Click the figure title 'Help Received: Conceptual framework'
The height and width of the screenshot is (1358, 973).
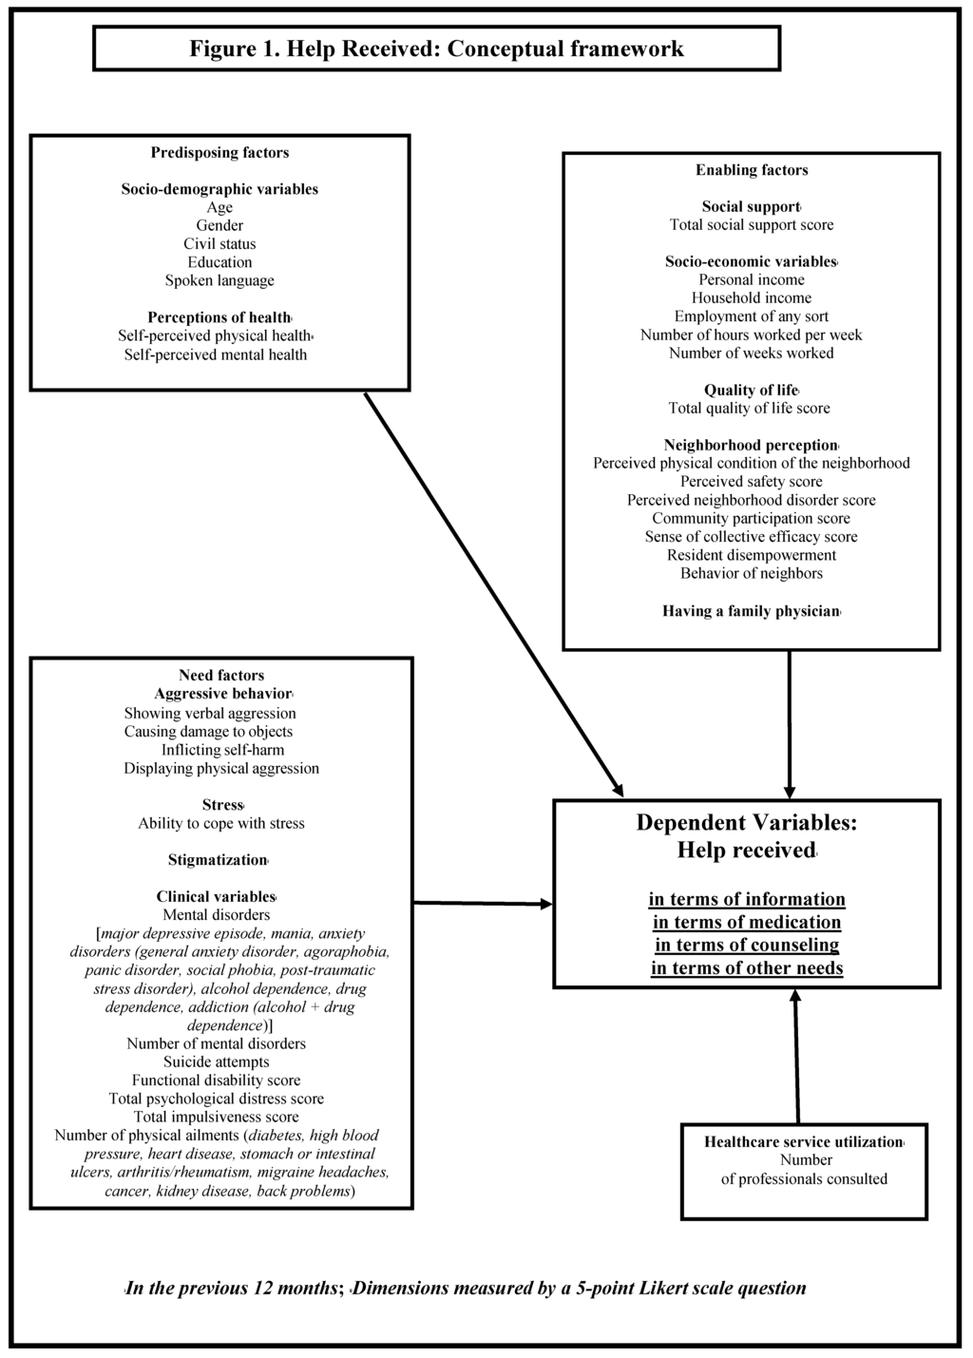tap(436, 48)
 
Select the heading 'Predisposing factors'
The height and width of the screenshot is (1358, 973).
tap(219, 152)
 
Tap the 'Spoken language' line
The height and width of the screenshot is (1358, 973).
tap(219, 280)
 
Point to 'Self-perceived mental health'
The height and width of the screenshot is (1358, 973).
tap(216, 354)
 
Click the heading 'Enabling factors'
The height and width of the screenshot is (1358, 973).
tap(752, 170)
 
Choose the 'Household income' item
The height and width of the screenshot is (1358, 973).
tap(752, 297)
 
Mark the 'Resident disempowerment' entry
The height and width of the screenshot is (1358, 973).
tap(752, 555)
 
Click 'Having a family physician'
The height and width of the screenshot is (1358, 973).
tap(751, 611)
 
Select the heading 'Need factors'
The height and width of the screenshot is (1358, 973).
tap(221, 676)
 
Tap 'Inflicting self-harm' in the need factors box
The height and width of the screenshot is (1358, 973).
tap(222, 750)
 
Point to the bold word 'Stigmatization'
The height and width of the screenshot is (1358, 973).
tap(218, 860)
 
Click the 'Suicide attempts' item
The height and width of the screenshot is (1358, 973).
tap(216, 1062)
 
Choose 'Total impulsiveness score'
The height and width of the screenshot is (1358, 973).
tap(216, 1117)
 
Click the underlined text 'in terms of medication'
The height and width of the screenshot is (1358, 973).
tap(747, 922)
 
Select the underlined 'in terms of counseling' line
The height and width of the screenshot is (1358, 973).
tap(747, 945)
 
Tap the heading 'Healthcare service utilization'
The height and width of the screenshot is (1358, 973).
tap(803, 1141)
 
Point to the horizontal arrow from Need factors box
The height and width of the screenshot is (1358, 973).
tap(483, 903)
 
